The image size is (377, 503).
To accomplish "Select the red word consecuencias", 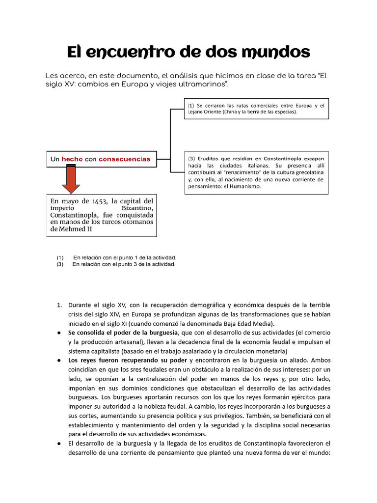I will [124, 159].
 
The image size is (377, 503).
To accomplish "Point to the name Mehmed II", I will [74, 229].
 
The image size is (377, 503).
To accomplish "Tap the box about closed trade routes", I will [256, 109].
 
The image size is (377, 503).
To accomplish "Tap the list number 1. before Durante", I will [60, 305].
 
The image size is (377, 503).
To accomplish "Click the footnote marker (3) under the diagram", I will [60, 264].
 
